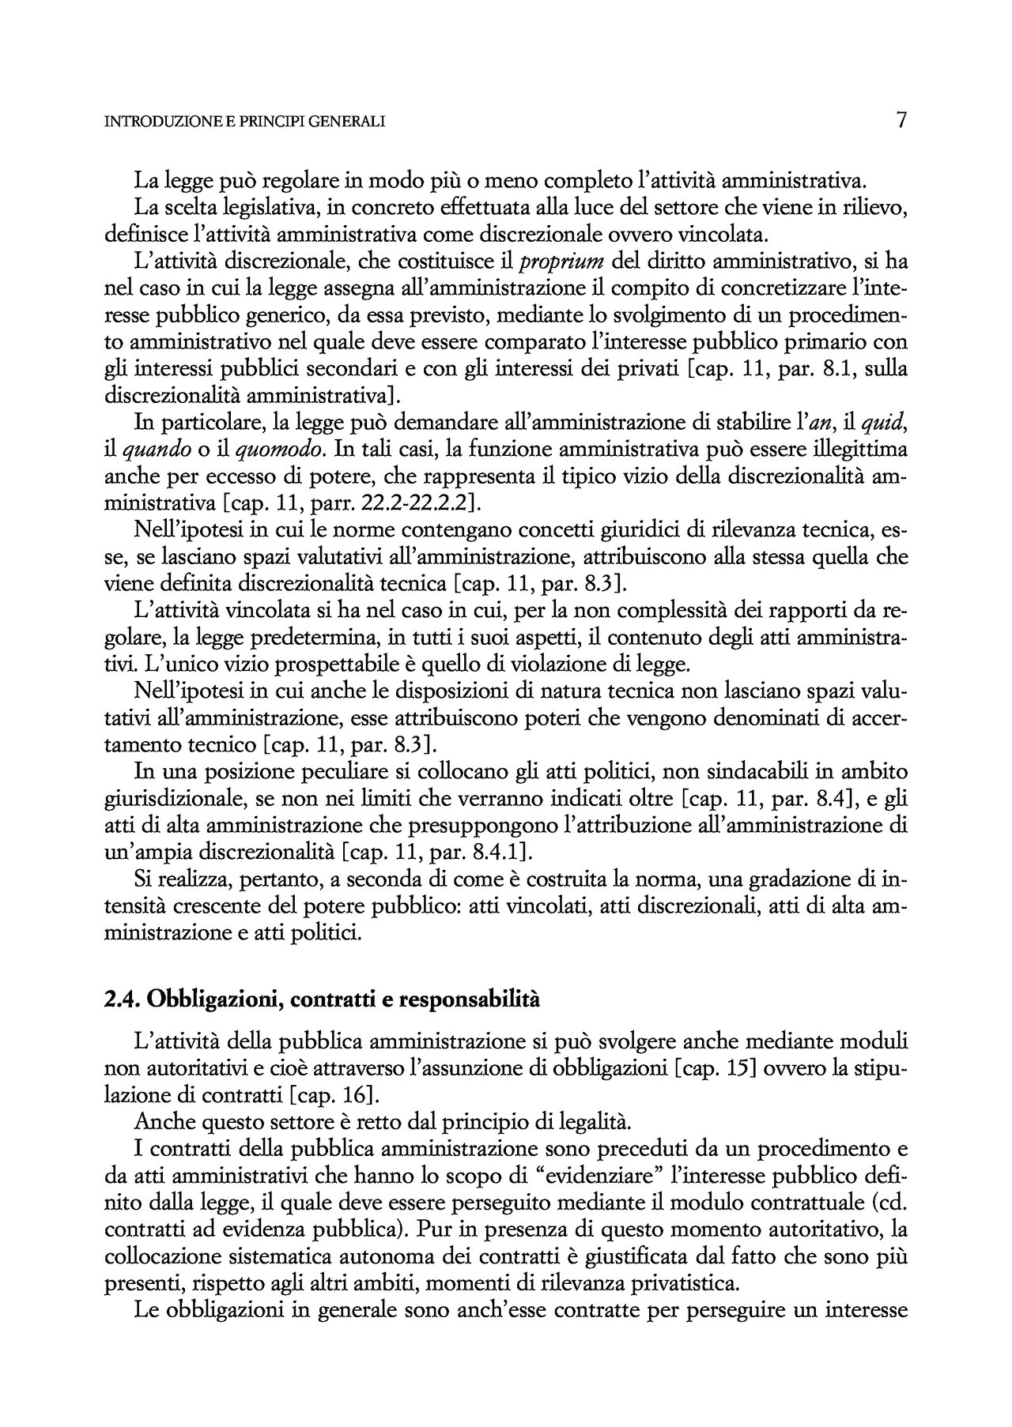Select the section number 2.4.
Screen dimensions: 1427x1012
coord(122,1000)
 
